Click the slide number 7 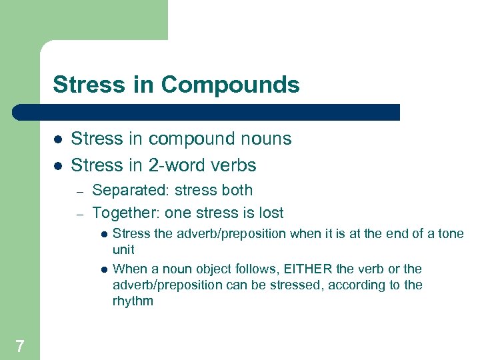(x=20, y=345)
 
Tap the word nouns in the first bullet (x=265, y=139)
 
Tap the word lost (x=271, y=213)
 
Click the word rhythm (x=133, y=301)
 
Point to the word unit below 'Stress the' (x=123, y=250)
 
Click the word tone (x=451, y=233)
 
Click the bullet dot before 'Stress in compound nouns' (x=58, y=139)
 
